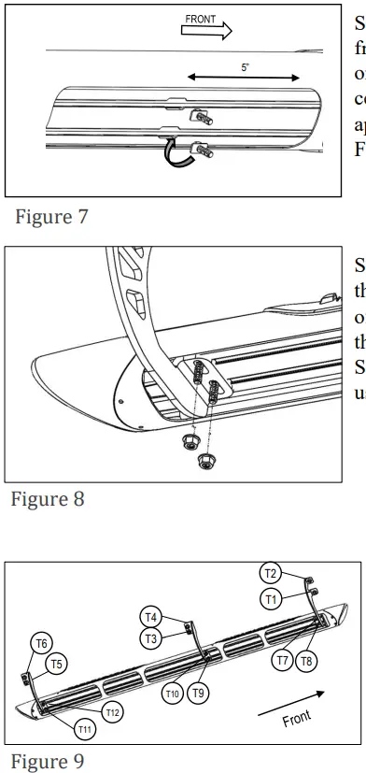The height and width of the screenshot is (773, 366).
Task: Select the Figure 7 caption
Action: [x=53, y=218]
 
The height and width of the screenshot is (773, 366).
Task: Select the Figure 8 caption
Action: [x=48, y=498]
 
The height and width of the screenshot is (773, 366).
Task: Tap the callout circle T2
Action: [x=271, y=574]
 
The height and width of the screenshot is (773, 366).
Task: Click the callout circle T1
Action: [x=271, y=599]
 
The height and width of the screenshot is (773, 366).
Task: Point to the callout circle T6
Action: [x=42, y=643]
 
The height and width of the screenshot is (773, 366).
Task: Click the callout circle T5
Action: [x=58, y=664]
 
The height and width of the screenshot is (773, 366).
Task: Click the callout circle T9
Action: [x=196, y=693]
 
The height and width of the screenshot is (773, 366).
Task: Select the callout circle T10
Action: [x=172, y=693]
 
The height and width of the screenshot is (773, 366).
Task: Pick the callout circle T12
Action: [x=112, y=713]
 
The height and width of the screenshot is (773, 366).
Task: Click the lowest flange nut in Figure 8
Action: [x=204, y=459]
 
